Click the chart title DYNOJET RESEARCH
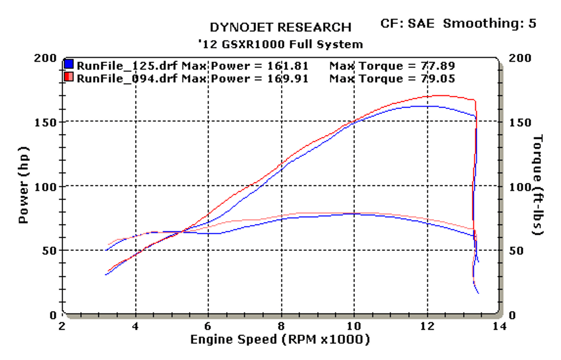pos(280,27)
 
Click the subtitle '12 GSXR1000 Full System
pos(280,44)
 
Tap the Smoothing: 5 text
pos(489,23)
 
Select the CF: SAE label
pos(407,23)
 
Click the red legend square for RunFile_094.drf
pos(69,78)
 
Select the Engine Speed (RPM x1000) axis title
pos(280,339)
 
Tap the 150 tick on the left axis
pos(45,122)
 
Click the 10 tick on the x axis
pos(353,326)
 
